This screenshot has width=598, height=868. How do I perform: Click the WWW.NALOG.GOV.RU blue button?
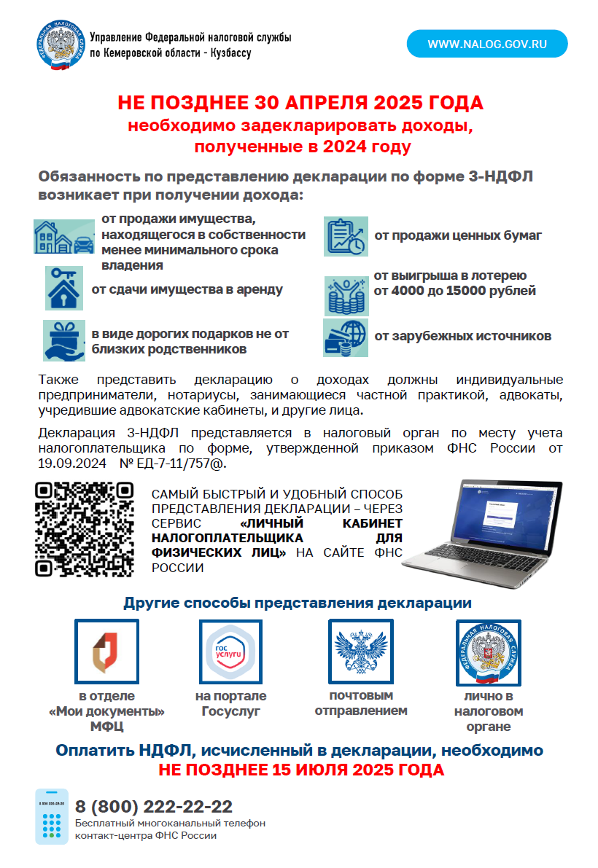coord(486,44)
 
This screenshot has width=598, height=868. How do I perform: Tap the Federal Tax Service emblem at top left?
coord(59,45)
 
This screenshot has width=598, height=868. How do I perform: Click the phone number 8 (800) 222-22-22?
coord(154,807)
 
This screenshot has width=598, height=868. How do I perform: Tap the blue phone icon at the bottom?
coord(52,816)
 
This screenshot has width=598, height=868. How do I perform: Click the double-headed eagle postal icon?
coord(361,651)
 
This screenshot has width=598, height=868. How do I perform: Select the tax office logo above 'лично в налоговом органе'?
coord(488,653)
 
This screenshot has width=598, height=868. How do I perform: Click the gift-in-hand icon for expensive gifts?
coord(64,341)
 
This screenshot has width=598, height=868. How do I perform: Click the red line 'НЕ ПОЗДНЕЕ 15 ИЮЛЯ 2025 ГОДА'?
coord(301,770)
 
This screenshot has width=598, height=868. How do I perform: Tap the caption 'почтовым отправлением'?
coord(361,703)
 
